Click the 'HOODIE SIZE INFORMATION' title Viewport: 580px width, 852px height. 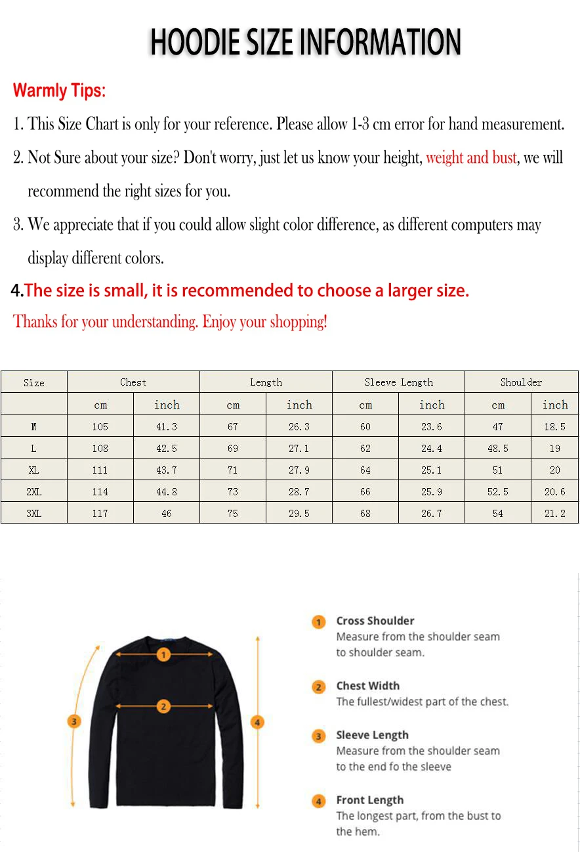(x=306, y=43)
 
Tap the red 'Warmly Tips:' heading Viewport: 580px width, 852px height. (x=59, y=90)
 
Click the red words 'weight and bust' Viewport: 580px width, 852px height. (x=471, y=158)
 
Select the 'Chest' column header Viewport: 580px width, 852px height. (x=133, y=382)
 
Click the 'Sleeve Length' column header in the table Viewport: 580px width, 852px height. (x=398, y=382)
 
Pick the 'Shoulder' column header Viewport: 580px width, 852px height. (x=521, y=382)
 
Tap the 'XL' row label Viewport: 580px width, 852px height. (x=34, y=470)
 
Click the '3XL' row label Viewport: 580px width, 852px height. (x=34, y=514)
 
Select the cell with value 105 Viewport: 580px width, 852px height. (x=100, y=427)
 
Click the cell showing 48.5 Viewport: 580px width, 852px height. (x=498, y=449)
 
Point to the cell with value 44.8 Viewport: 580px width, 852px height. (x=167, y=492)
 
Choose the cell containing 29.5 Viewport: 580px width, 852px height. (x=299, y=514)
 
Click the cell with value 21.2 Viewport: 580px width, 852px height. (x=554, y=514)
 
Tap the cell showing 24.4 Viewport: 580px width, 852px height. (x=431, y=449)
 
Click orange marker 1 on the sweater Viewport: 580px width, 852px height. (x=164, y=654)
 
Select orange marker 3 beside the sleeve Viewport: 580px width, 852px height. (x=74, y=721)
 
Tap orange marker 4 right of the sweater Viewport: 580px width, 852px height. (x=257, y=722)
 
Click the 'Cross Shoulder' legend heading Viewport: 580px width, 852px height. (x=375, y=621)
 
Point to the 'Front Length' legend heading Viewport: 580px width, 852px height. (x=369, y=800)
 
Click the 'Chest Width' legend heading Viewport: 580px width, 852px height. (x=367, y=686)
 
